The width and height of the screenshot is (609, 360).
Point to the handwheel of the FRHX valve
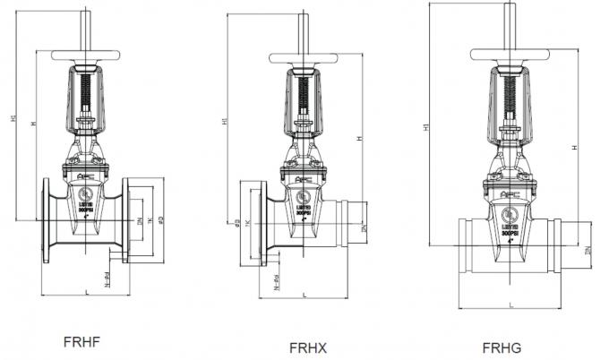pyautogui.click(x=304, y=59)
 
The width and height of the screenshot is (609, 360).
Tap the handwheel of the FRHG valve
pyautogui.click(x=507, y=55)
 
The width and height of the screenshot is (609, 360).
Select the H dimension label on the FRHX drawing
pyautogui.click(x=359, y=139)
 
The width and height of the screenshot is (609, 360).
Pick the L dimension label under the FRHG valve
pyautogui.click(x=510, y=304)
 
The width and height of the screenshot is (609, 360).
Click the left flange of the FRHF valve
pyautogui.click(x=46, y=220)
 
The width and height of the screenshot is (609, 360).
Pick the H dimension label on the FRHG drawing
pyautogui.click(x=573, y=148)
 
